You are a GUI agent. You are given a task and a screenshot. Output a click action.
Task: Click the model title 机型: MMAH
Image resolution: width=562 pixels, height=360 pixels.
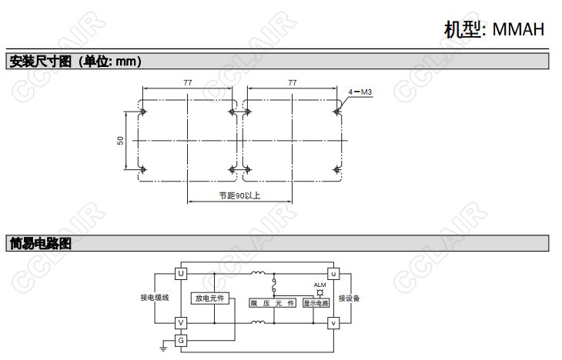coord(494,29)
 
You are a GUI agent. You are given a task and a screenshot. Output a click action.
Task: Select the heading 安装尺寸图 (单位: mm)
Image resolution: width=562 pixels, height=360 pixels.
coord(75,62)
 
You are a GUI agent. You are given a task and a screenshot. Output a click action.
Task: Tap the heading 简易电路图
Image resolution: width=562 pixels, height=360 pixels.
coord(40,244)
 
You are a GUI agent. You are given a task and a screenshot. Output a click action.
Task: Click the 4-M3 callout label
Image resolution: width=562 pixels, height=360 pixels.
coord(360,92)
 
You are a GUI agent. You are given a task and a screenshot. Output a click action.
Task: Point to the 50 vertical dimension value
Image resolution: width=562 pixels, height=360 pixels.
coord(120,141)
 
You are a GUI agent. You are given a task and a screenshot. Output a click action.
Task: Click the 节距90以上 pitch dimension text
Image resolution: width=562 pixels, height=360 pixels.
coord(239,195)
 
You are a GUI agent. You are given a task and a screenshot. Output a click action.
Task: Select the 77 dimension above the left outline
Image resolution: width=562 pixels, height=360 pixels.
coord(187,83)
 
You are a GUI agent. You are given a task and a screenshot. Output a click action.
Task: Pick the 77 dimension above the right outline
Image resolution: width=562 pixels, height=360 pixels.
coord(292,83)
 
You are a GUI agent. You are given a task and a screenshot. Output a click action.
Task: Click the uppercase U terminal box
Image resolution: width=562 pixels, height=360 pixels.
coord(181,274)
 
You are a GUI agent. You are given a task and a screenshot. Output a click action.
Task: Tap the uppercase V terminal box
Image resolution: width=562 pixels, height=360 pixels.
coord(181,323)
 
